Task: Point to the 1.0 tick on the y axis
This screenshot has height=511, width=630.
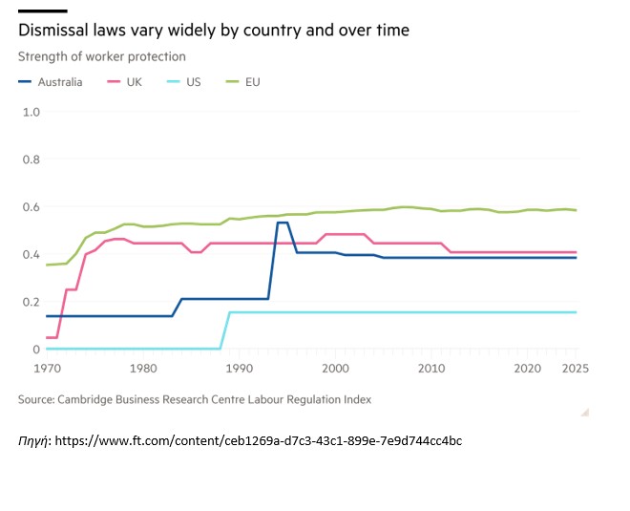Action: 31,112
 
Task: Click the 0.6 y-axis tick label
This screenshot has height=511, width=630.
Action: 31,207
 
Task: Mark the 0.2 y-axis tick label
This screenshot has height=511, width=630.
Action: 31,302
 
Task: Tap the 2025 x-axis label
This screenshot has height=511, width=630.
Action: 576,367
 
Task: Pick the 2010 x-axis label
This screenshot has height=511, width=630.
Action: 430,367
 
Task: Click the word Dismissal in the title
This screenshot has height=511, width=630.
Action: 53,31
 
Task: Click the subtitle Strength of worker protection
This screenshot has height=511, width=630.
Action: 101,57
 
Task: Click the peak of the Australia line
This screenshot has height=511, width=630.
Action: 282,223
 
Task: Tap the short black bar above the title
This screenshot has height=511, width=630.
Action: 34,11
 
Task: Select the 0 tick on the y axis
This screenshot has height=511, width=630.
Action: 35,350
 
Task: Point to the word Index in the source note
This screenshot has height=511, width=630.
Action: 355,399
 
